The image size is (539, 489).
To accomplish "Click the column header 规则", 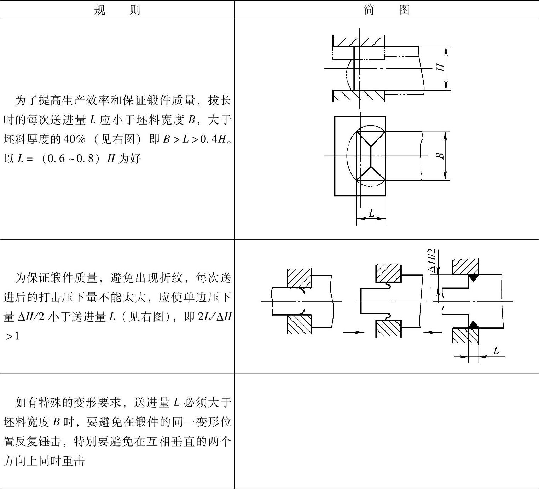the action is (x=117, y=10).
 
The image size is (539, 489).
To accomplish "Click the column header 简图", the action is (x=386, y=10).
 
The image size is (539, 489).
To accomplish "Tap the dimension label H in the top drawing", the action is (x=441, y=67).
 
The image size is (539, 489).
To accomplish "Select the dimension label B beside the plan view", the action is (x=440, y=155).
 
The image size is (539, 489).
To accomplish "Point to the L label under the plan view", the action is (x=371, y=213).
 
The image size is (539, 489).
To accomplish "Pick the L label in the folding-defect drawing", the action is (x=496, y=351).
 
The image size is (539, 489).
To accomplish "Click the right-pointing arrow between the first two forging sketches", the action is (x=354, y=332).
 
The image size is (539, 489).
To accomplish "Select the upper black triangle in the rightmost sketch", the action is (x=473, y=278).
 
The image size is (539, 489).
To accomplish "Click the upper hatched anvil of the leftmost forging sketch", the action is (x=299, y=278).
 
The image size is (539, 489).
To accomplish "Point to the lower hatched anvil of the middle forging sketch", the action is (x=388, y=329).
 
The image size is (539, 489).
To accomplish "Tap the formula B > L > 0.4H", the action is (x=194, y=139).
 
